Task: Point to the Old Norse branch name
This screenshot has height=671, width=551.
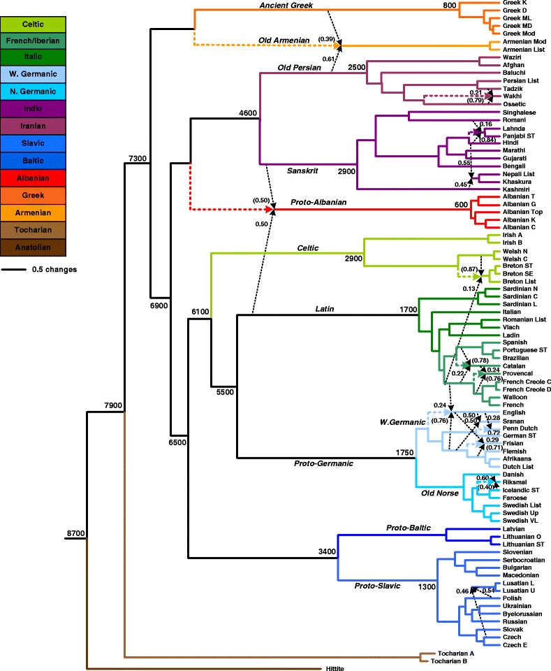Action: coord(438,493)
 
